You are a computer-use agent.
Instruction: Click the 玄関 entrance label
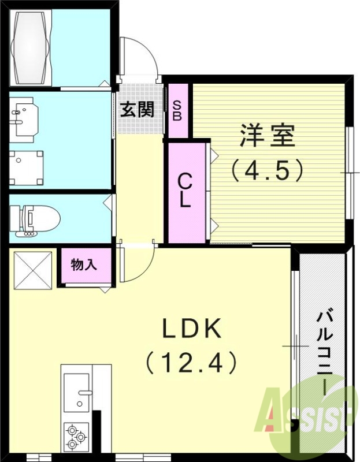[137, 109]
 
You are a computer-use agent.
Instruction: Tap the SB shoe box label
[177, 110]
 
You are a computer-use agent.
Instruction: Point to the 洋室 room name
[267, 136]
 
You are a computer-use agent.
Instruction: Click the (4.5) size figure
[267, 170]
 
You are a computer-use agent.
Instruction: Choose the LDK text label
[191, 329]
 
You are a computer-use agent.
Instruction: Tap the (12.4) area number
[191, 363]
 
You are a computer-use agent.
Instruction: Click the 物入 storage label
[84, 265]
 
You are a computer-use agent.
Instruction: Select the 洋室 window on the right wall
[350, 173]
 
